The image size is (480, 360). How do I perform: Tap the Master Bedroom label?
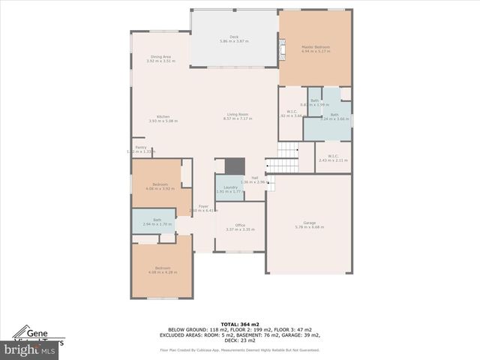click(316, 46)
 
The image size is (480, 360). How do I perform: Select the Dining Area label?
click(161, 56)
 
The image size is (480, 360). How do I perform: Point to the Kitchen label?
click(163, 116)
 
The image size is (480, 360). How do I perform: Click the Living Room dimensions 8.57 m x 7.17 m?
click(237, 119)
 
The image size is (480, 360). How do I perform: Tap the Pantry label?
click(139, 148)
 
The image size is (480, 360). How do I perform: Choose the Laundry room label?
click(230, 187)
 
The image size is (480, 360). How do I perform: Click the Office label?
click(241, 225)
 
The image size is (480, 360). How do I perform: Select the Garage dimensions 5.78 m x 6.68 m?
click(310, 226)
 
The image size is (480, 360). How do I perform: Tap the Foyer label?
click(202, 206)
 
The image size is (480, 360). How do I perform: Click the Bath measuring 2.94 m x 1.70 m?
click(157, 220)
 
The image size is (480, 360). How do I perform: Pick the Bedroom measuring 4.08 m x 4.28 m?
click(163, 268)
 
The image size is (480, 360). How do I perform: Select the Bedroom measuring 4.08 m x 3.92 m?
click(160, 184)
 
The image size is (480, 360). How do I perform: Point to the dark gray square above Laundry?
click(235, 165)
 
